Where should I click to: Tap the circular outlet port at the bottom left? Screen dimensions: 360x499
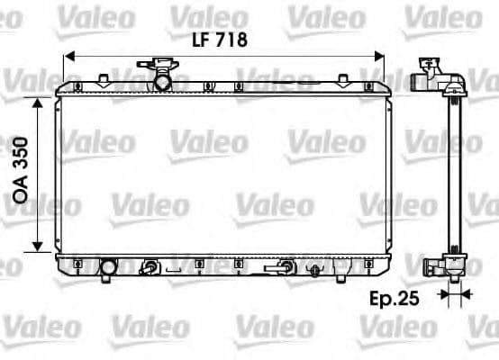click(109, 267)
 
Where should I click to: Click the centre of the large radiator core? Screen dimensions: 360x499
click(222, 175)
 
